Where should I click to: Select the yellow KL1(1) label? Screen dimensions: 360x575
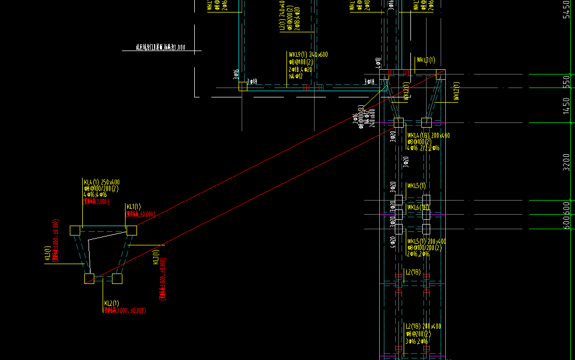coord(133,207)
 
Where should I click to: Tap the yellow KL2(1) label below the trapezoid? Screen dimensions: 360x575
coord(111,303)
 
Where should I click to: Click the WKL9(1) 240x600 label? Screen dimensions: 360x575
coord(308,55)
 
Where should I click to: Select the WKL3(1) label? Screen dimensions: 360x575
coord(425,60)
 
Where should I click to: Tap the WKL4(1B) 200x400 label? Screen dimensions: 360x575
coord(428,135)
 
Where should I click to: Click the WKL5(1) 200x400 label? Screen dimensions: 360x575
coord(426,242)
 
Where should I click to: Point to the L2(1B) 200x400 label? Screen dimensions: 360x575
coord(423,327)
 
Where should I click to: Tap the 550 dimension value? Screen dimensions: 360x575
coord(567,82)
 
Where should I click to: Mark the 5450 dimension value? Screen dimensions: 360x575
coord(567,9)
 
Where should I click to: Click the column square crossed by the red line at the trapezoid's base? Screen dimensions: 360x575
coord(90,279)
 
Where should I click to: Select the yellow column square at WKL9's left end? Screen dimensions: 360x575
coord(243,86)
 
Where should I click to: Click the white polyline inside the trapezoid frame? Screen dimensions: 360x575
coord(90,250)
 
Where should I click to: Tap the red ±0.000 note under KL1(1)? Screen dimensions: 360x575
coord(141,214)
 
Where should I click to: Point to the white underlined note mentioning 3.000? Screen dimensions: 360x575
coord(161,47)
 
